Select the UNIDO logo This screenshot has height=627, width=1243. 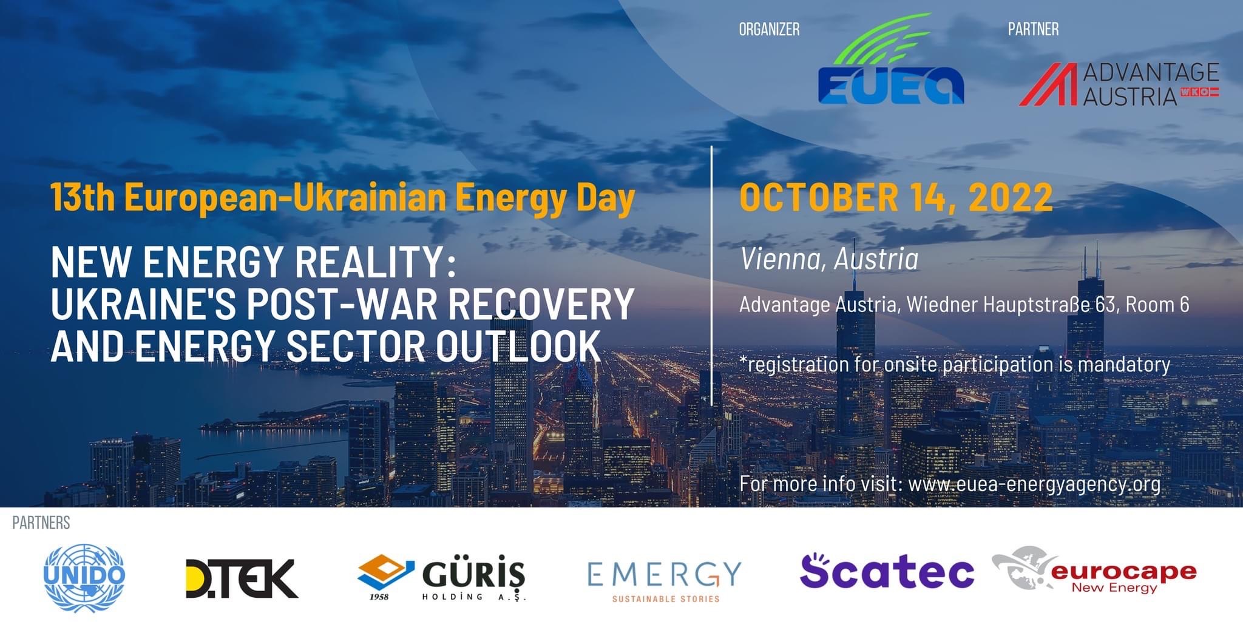(x=84, y=577)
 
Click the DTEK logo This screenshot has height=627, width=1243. (x=242, y=578)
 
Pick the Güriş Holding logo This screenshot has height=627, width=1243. (x=441, y=577)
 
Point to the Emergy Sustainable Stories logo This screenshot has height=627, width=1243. (x=665, y=581)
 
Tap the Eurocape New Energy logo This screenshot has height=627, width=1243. (x=1094, y=570)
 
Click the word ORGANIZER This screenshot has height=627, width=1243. (x=769, y=29)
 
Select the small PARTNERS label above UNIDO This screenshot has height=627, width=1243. (x=41, y=523)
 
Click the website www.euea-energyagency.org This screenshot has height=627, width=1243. (x=1034, y=484)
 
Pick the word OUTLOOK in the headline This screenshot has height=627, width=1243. (x=518, y=346)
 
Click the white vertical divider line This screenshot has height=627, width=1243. (x=711, y=276)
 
